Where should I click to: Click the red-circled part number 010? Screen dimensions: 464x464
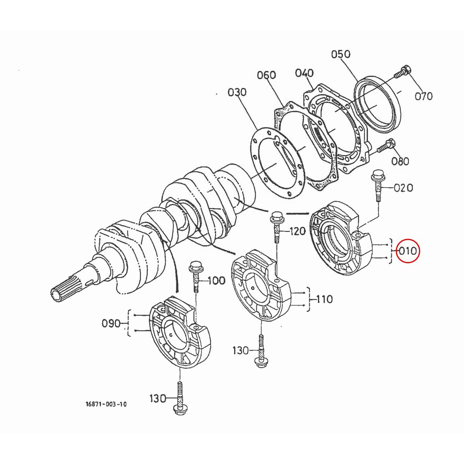(x=408, y=251)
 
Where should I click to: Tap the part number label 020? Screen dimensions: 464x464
(x=403, y=188)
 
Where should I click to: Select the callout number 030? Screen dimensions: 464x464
(x=237, y=92)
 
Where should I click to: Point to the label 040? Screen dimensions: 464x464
(x=304, y=73)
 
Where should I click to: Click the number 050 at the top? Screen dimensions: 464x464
(x=341, y=54)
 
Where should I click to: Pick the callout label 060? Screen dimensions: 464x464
(x=267, y=75)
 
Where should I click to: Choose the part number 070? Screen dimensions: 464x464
(x=423, y=96)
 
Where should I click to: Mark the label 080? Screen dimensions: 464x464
(x=400, y=160)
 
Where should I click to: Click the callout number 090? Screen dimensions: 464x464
(x=111, y=323)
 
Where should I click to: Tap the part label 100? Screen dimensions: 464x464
(x=216, y=280)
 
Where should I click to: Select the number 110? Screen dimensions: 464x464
(x=324, y=299)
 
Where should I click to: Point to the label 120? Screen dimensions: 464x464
(x=297, y=231)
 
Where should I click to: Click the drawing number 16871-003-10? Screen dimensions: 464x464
(x=106, y=404)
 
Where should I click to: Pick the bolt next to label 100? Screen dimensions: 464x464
(x=195, y=276)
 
